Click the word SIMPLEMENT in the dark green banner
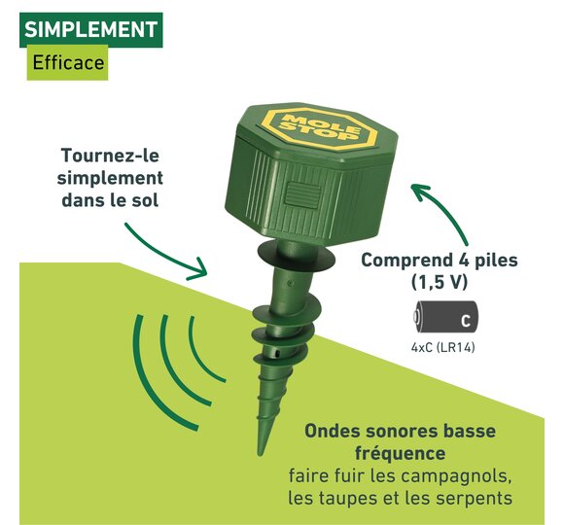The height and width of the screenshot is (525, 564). [x=91, y=29]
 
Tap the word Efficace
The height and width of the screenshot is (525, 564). [x=68, y=62]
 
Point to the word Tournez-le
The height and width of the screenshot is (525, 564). [x=110, y=156]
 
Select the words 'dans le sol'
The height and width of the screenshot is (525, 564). [x=110, y=200]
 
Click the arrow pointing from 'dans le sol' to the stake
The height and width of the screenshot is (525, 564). [x=162, y=256]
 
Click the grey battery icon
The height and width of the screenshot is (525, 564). [x=445, y=317]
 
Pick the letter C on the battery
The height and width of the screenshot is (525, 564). [x=466, y=321]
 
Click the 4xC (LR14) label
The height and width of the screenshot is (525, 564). [x=442, y=348]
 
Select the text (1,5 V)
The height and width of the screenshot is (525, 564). [x=440, y=282]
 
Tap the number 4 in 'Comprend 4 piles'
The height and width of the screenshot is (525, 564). [x=459, y=260]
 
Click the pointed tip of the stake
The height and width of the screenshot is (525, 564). [x=260, y=455]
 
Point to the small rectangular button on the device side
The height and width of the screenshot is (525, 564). [x=302, y=196]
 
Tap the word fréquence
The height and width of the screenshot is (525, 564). [x=400, y=453]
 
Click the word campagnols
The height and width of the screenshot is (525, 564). [x=455, y=476]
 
